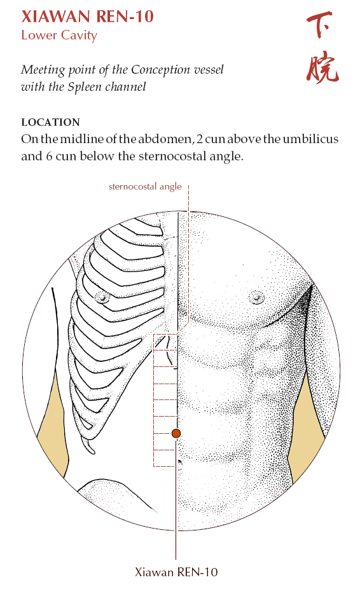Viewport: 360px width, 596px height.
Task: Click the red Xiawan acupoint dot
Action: [x=176, y=433]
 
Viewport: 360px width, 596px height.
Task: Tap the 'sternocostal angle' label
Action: [x=145, y=186]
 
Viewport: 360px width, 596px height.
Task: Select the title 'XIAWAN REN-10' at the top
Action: [x=87, y=17]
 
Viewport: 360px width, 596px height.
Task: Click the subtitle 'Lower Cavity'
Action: [x=59, y=36]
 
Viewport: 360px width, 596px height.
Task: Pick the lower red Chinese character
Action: [x=322, y=69]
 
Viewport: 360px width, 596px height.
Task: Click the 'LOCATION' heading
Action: [x=50, y=122]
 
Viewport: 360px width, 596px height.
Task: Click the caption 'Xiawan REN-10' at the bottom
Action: [x=176, y=572]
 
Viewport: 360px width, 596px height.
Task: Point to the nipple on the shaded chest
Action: [x=256, y=296]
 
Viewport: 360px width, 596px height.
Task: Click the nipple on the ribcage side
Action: [x=102, y=297]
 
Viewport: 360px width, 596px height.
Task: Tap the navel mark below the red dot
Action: [x=179, y=462]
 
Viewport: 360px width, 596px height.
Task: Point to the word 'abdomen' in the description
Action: [x=166, y=139]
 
